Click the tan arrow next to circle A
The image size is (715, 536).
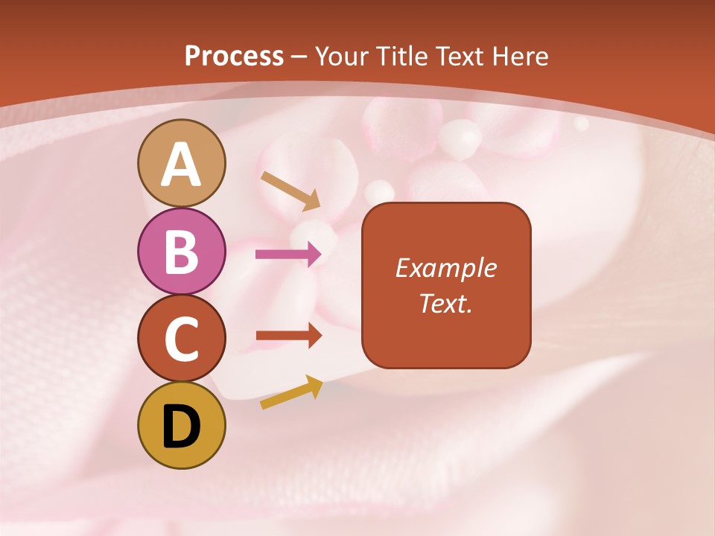point(290,191)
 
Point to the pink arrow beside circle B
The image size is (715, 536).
point(288,255)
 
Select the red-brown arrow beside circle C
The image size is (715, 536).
point(288,336)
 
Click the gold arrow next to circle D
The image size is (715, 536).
point(291,393)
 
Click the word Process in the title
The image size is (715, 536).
point(234,57)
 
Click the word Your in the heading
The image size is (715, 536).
point(343,57)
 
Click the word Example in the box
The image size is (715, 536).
point(445,268)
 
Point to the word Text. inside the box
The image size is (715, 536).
point(445,303)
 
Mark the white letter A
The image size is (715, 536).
point(182,165)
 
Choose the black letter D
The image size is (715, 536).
point(182,427)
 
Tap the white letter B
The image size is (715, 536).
point(182,252)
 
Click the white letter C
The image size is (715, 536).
point(182,339)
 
